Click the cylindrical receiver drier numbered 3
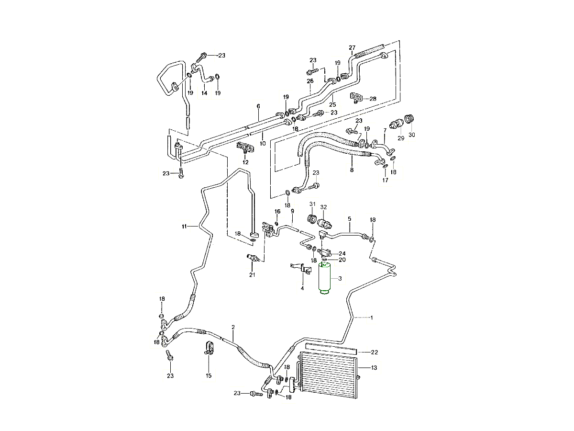(325, 279)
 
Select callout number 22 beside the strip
(375, 352)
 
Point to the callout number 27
(352, 47)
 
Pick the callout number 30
(412, 135)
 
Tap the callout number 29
(401, 137)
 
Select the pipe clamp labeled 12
(245, 148)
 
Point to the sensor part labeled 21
(253, 259)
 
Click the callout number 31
(312, 205)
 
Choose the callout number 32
(324, 207)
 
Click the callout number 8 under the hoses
(352, 170)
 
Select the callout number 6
(258, 106)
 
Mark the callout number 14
(204, 93)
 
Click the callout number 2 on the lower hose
(233, 327)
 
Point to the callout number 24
(342, 253)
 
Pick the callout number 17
(385, 180)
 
